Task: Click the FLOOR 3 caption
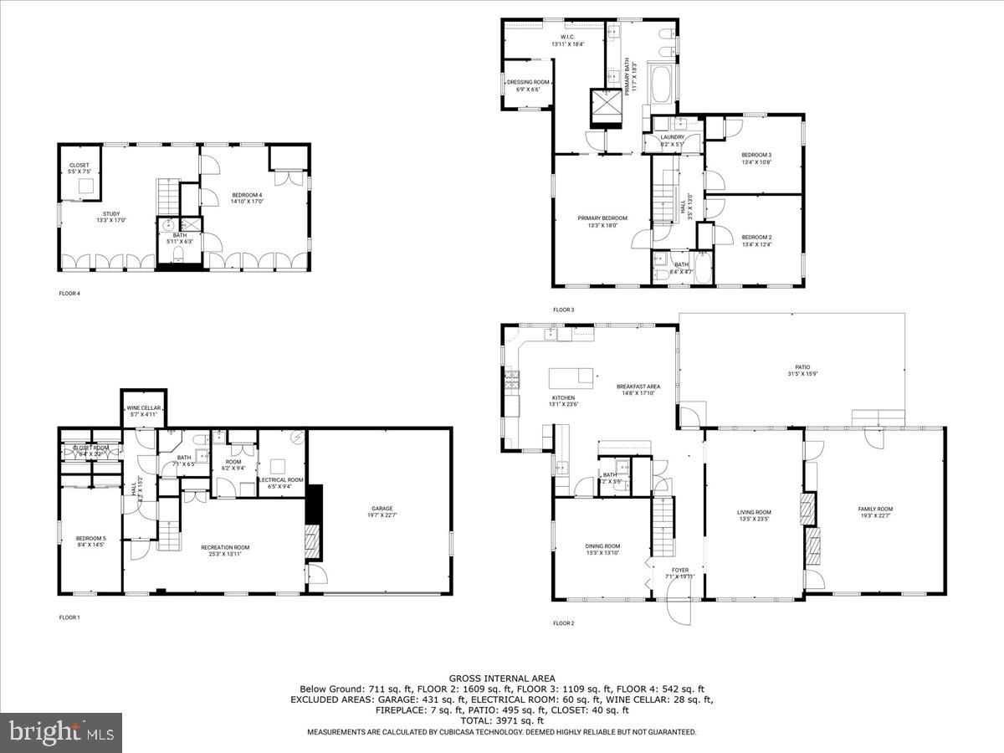click(563, 310)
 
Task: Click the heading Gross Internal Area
click(502, 679)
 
